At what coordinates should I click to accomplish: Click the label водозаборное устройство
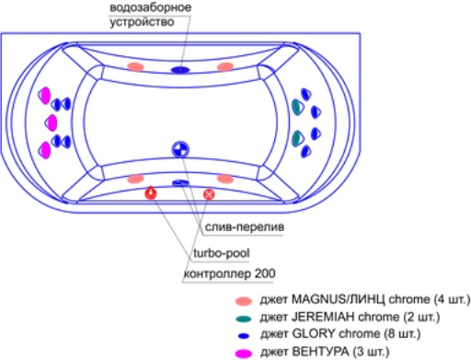coord(150,15)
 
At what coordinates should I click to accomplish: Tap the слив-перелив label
coord(245,227)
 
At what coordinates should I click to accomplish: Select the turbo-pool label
coord(222,253)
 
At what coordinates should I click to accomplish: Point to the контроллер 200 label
coord(229,273)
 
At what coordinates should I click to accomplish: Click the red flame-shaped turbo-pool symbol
coord(151,192)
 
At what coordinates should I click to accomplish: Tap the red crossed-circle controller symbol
coord(209,194)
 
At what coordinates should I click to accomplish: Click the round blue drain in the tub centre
coord(180,149)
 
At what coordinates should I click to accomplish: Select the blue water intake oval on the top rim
coord(180,70)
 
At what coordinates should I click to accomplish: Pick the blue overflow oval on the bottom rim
coord(180,183)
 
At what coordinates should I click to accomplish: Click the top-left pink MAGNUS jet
coord(135,66)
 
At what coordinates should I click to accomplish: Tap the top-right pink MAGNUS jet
coord(225,66)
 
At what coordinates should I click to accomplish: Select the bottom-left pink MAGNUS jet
coord(135,179)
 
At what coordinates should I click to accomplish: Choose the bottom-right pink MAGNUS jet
coord(225,179)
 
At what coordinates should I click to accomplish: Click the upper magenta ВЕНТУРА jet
coord(45,96)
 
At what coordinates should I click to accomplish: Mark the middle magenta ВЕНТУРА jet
coord(52,122)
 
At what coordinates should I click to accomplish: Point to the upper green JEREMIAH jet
coord(297,106)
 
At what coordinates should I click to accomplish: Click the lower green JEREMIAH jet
coord(297,138)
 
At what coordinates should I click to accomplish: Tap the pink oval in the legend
coord(244,301)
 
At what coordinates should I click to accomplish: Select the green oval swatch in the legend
coord(244,319)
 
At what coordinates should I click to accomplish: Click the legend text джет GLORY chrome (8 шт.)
coord(340,334)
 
